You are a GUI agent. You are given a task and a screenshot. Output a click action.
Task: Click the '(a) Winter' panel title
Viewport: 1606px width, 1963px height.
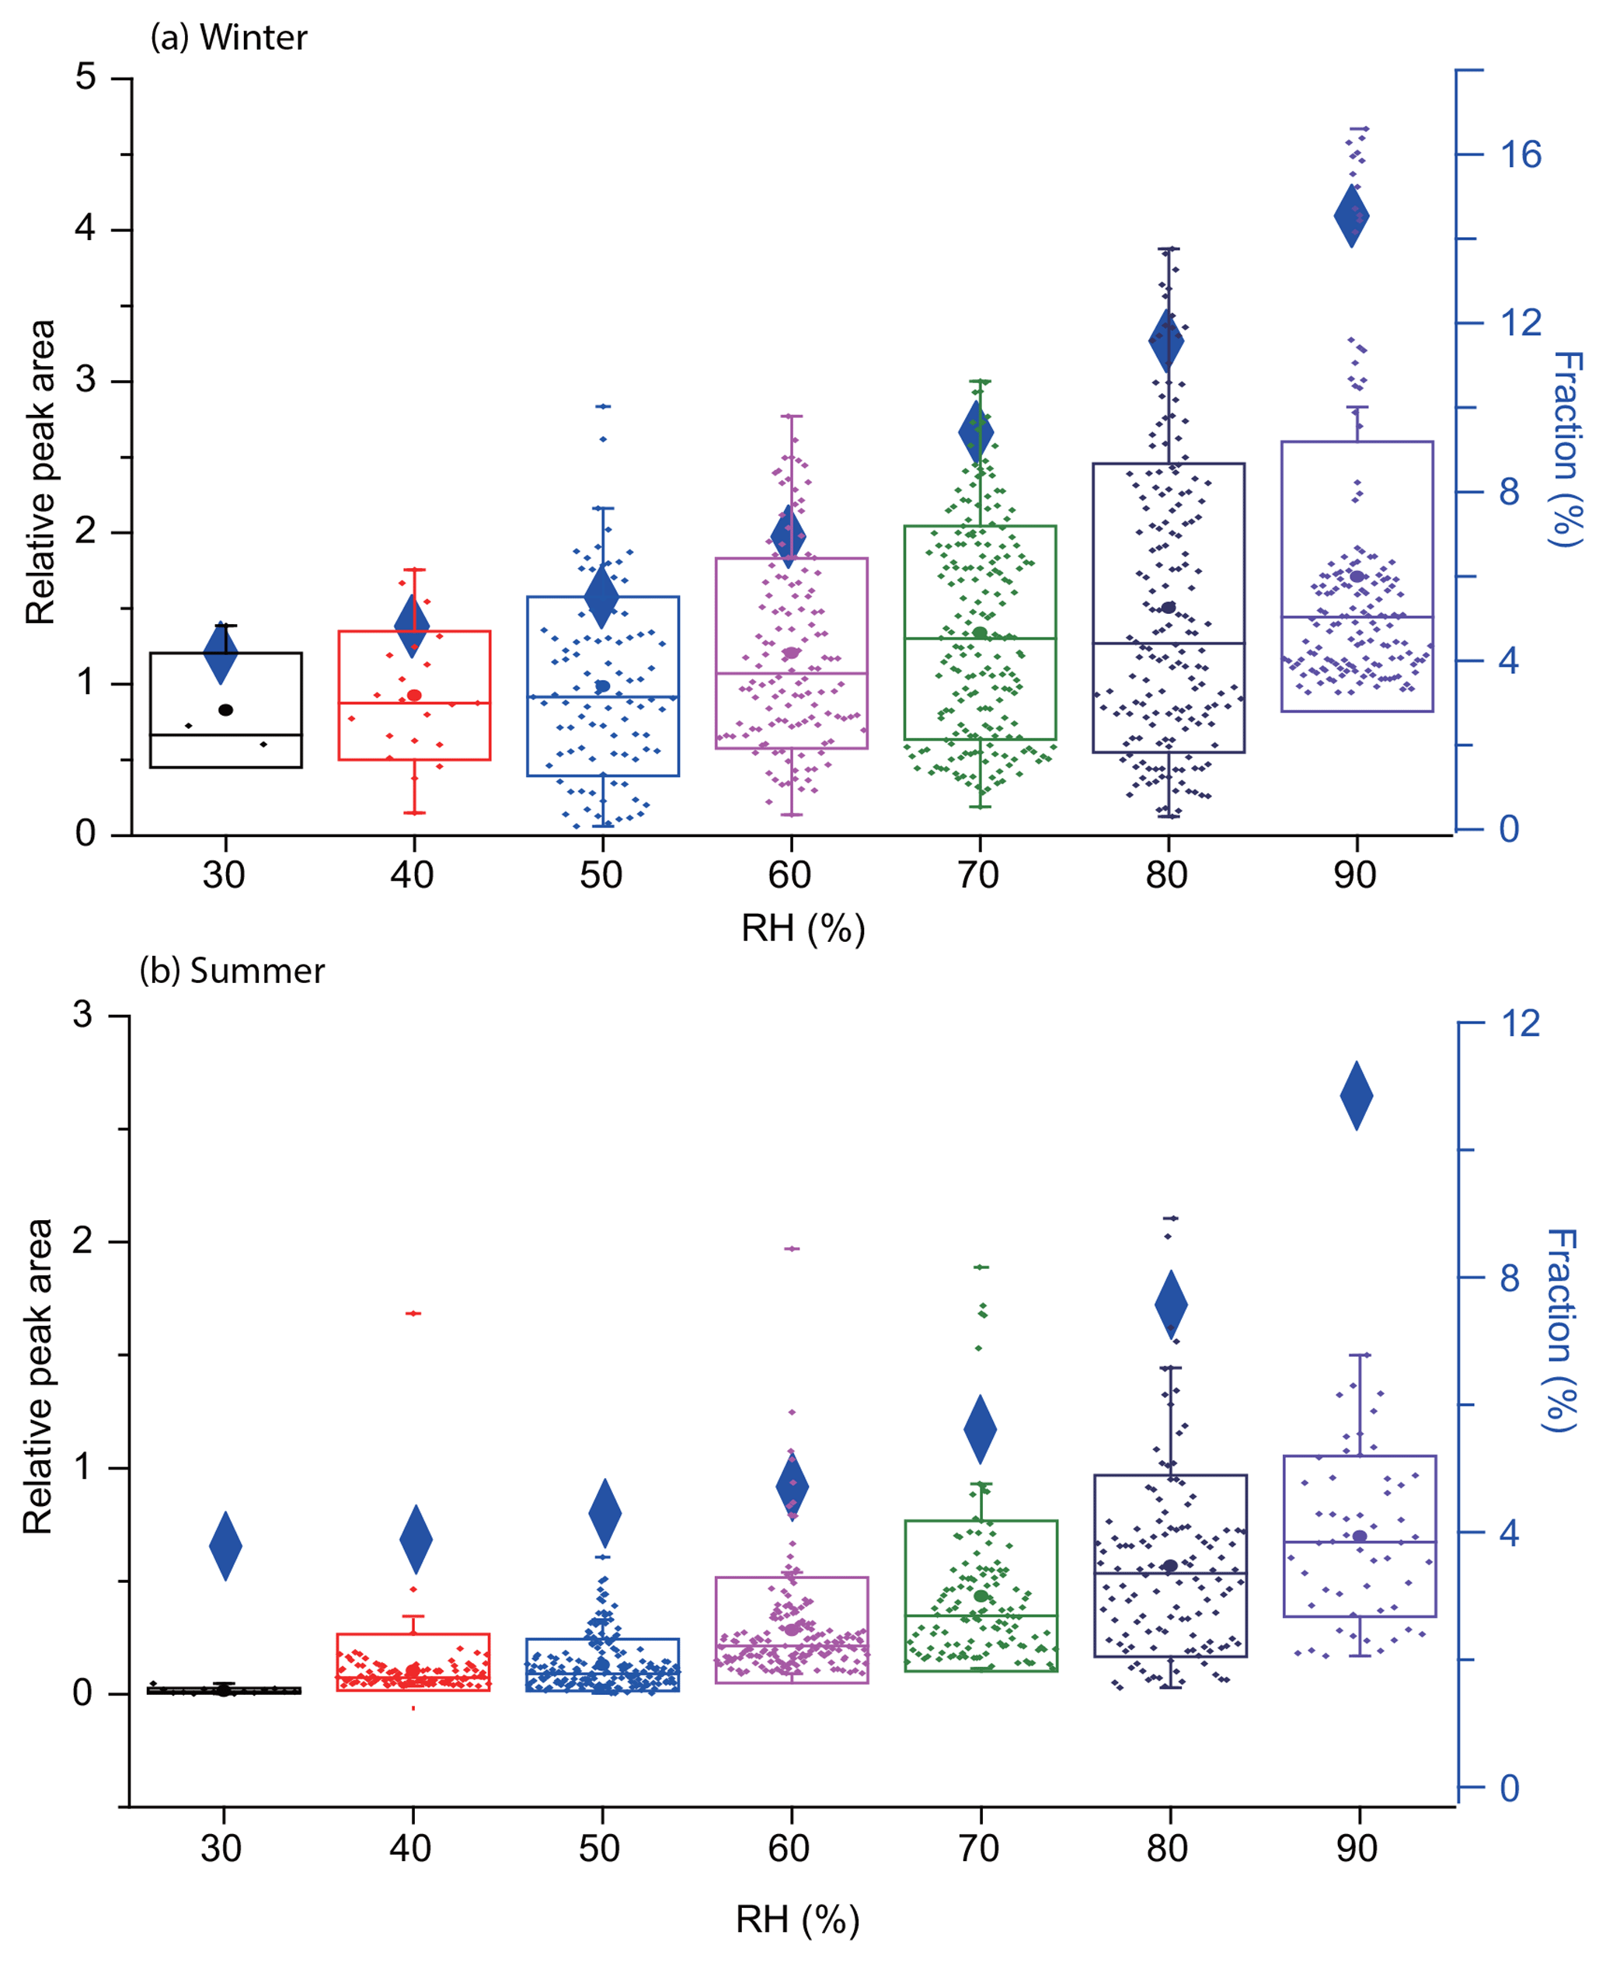[x=228, y=38]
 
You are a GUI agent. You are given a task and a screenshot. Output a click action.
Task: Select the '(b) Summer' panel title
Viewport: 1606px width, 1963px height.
[x=232, y=971]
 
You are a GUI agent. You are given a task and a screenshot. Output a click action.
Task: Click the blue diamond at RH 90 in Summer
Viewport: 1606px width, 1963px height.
[x=1357, y=1097]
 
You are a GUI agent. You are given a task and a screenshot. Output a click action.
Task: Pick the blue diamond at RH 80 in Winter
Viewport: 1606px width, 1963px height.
[x=1166, y=340]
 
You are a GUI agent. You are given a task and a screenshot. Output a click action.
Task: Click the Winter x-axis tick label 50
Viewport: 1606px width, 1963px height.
[x=601, y=875]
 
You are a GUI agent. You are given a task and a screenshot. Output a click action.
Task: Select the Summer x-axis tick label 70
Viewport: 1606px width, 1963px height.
[x=978, y=1848]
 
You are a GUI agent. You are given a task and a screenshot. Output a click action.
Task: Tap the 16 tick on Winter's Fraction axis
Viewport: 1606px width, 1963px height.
[x=1520, y=155]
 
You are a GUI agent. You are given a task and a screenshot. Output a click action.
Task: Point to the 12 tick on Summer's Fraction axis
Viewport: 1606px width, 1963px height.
[x=1520, y=1024]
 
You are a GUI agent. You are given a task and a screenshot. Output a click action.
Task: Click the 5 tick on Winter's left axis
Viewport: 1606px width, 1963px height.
[x=86, y=77]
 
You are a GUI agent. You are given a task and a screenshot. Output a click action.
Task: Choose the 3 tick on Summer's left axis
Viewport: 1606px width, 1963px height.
[x=83, y=1015]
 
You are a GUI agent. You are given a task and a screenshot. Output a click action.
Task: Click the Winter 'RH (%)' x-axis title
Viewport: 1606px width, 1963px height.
[x=802, y=929]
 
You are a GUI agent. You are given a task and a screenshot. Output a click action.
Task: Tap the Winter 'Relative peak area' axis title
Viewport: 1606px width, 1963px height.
[x=40, y=472]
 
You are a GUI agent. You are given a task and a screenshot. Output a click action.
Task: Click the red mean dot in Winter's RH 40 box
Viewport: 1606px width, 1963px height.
[x=414, y=695]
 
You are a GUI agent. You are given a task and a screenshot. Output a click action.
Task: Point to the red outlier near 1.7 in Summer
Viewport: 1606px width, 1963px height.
[x=413, y=1313]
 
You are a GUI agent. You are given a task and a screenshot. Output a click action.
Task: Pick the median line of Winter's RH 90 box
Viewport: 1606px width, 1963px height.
[x=1357, y=617]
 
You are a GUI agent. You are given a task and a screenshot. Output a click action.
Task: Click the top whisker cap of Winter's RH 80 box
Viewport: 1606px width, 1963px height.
[x=1169, y=249]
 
